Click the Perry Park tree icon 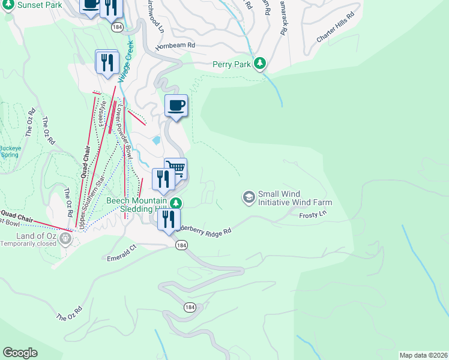[x=260, y=63]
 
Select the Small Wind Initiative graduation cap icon [x=249, y=197]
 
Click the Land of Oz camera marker [x=65, y=239]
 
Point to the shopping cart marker [x=175, y=169]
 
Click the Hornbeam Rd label [x=175, y=45]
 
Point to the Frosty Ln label [x=312, y=214]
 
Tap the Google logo [x=20, y=353]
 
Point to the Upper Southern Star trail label [x=92, y=202]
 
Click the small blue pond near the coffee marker [x=157, y=140]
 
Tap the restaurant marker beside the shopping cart [x=162, y=179]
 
